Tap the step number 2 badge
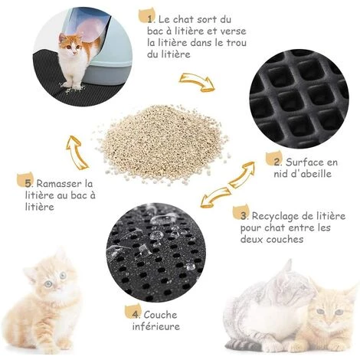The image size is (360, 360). point(273,160)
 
